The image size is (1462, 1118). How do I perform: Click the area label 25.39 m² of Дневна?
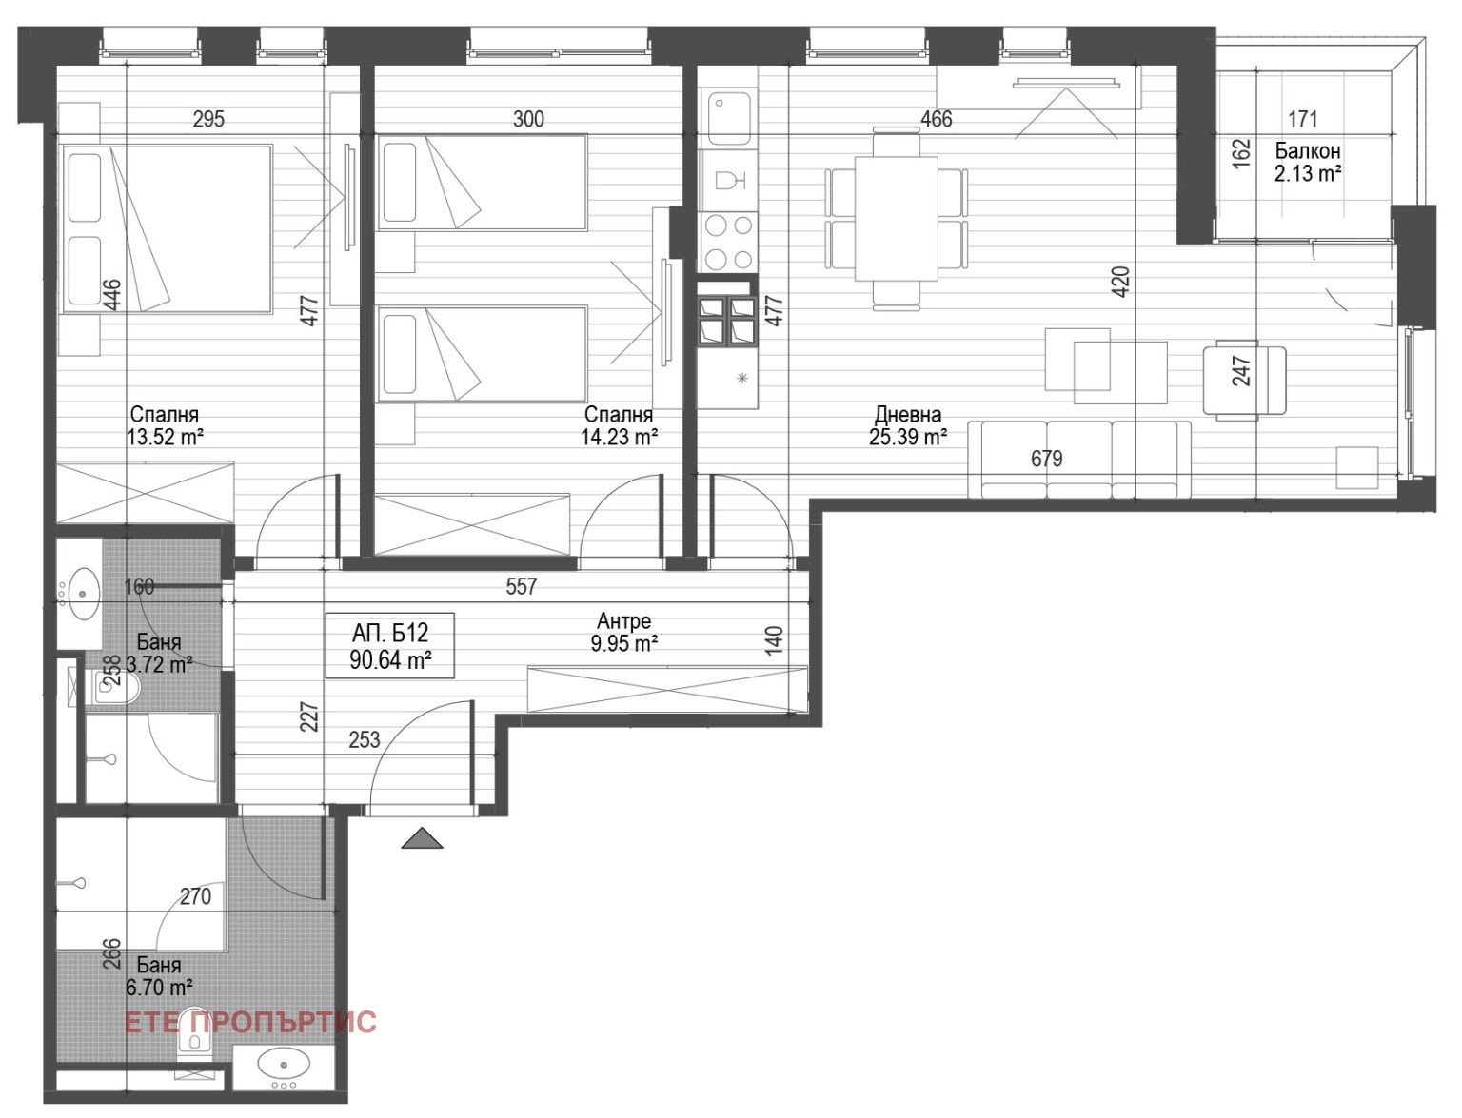tap(907, 438)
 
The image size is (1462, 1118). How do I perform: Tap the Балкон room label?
tap(1308, 151)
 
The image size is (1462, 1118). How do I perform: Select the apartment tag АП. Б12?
tap(390, 633)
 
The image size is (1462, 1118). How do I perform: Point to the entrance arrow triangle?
tap(423, 838)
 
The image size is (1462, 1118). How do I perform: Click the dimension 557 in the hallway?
tap(522, 587)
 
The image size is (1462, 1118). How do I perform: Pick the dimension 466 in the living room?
tap(936, 119)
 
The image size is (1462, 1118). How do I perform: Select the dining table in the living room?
tap(896, 219)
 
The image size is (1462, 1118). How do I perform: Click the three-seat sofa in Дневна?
tap(1079, 461)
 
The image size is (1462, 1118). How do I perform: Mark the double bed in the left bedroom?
tap(168, 228)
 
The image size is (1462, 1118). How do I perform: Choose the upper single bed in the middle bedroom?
tap(482, 182)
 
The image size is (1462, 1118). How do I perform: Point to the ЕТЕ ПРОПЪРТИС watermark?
tap(250, 1022)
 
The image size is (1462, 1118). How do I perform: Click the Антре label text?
tap(624, 621)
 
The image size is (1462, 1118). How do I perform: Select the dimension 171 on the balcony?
tap(1302, 119)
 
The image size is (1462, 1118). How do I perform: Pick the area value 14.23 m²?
tap(620, 437)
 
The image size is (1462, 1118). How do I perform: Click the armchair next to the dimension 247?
tap(1244, 381)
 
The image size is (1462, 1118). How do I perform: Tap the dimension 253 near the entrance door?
tap(365, 739)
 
